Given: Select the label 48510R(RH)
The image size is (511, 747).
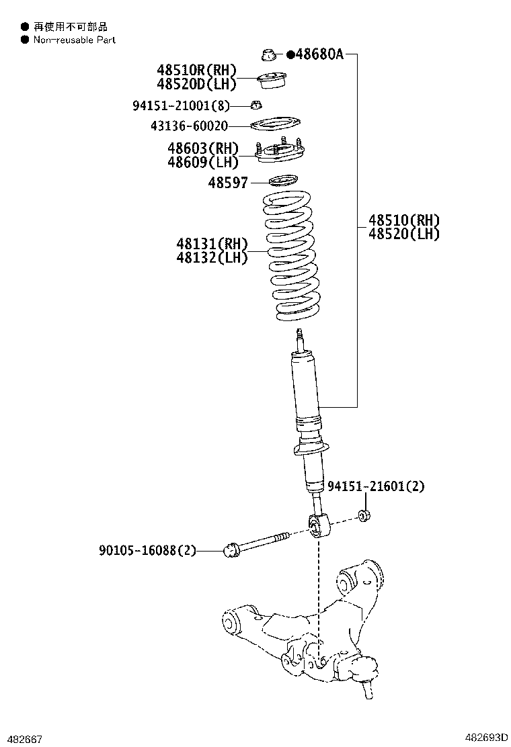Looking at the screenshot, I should pos(197,70).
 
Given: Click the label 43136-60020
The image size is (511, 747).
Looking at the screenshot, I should pos(190,126).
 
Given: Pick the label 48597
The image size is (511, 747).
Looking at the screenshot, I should pos(227,182).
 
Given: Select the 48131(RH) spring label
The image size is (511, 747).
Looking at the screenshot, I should pos(212,243).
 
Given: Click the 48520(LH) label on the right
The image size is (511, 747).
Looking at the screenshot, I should pos(403,234).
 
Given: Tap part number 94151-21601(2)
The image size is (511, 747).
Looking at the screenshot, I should pos(377,486).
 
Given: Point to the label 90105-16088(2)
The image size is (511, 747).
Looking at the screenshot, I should pos(147,551).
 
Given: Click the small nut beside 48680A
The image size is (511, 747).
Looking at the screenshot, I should pos(268,54).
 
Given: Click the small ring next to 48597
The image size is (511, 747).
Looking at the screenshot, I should pos(282,181).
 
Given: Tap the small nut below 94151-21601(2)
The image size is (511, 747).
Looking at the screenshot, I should pos(366,516).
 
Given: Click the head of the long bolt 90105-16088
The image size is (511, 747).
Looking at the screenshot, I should pos(231,550).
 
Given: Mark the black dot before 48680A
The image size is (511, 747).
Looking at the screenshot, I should pos(290,55).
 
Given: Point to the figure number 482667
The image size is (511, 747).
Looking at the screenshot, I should pos(26,739).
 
